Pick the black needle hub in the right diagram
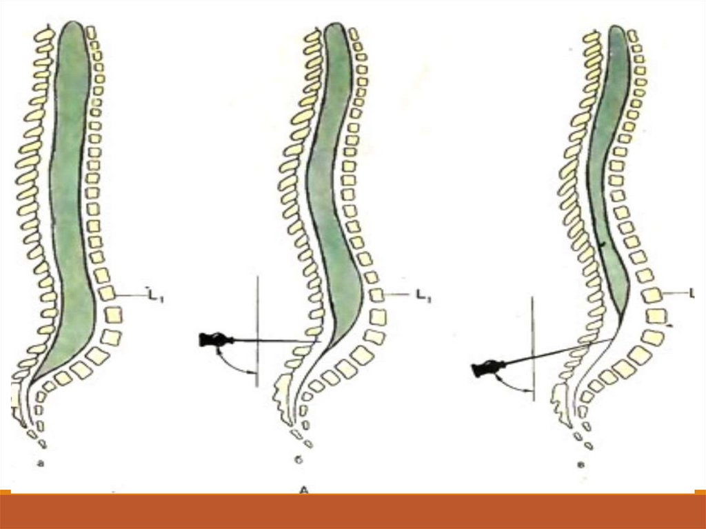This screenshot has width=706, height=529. [485, 370]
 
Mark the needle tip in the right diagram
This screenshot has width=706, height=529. [616, 338]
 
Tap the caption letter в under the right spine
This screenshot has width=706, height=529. [581, 463]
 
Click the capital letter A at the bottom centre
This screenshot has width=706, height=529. [303, 490]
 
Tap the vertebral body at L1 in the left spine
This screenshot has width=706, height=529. [105, 294]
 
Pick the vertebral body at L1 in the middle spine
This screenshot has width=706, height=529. [376, 295]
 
